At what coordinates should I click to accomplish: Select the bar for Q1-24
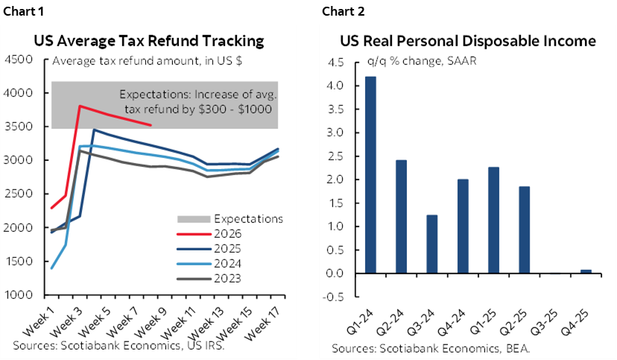[x=370, y=174]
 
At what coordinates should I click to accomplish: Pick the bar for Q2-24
[x=400, y=216]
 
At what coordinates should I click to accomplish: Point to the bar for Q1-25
[x=493, y=220]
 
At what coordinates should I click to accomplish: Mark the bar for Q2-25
[x=524, y=230]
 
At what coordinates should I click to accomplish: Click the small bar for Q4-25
[x=586, y=271]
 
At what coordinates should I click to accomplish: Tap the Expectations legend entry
[x=238, y=218]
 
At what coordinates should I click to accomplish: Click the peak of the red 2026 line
[x=80, y=106]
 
